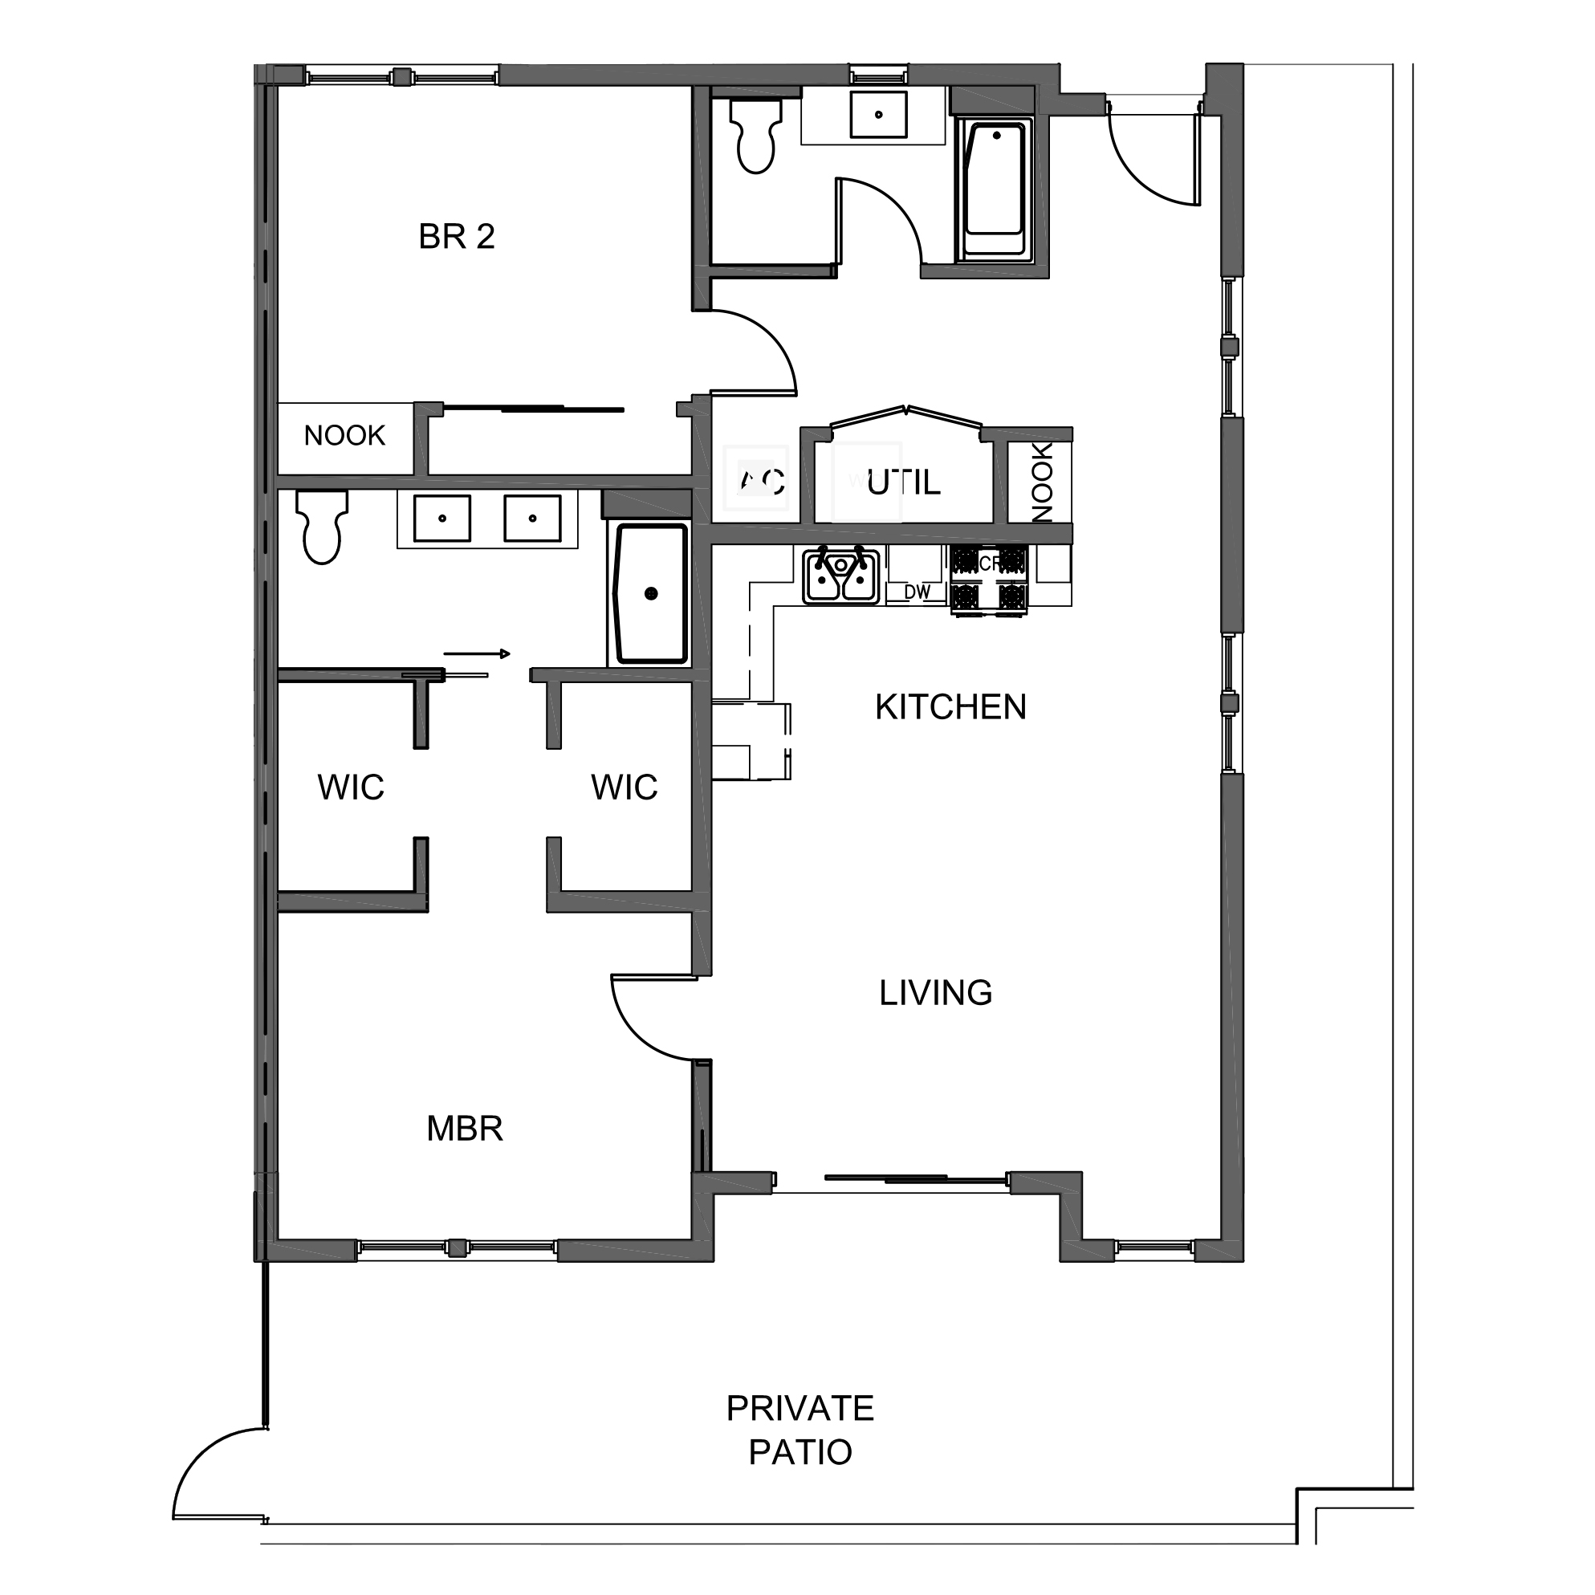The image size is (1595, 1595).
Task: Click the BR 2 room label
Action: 457,238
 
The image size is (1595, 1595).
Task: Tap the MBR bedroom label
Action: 465,1129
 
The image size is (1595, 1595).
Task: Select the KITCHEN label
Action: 950,707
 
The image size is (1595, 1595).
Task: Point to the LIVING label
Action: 935,993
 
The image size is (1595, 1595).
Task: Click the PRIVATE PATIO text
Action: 800,1430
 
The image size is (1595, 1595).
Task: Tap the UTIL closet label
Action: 903,483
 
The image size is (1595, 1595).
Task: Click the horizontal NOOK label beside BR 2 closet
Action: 344,436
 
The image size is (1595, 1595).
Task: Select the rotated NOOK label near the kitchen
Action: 1042,482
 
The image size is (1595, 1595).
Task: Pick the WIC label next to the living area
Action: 625,787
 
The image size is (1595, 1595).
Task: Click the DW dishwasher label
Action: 917,592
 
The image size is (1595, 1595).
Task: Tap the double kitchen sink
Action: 840,577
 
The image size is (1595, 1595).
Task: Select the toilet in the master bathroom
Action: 322,528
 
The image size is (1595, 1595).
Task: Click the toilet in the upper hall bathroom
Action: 755,136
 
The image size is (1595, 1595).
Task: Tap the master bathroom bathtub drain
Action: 650,593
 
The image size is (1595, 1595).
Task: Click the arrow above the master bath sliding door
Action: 476,654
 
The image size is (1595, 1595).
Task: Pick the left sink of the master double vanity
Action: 442,519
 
